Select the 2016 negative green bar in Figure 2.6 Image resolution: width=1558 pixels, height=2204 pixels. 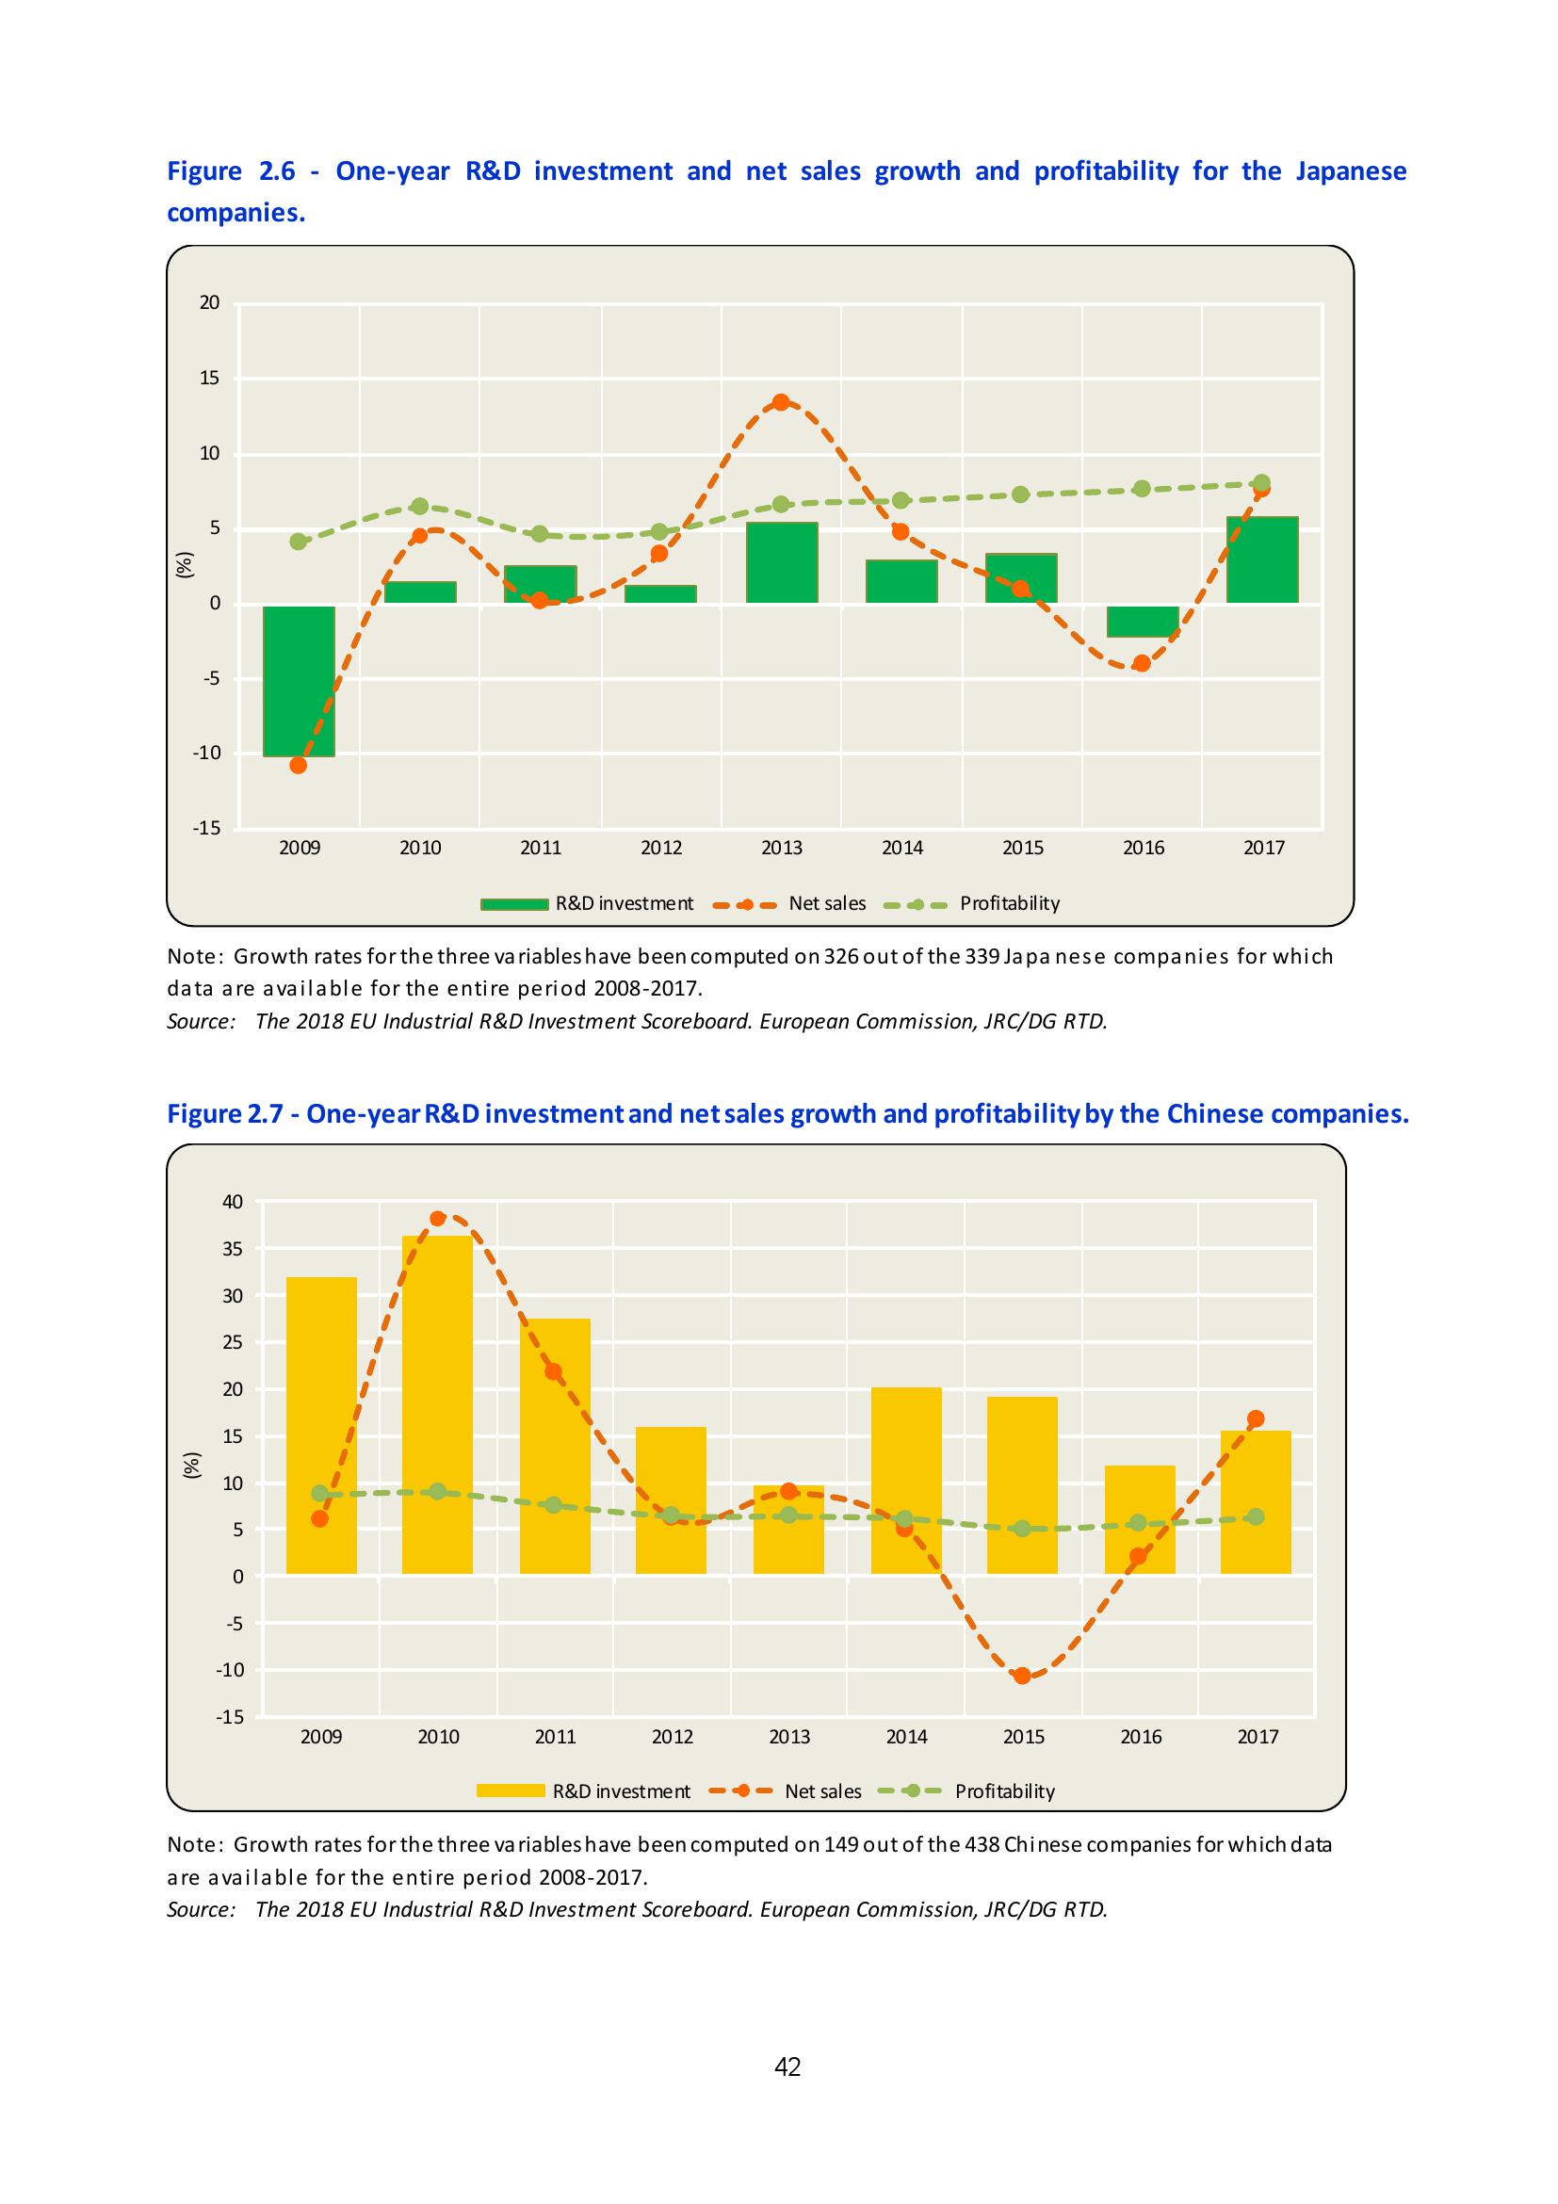(1143, 621)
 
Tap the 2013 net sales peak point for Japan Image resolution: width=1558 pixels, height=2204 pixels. (782, 402)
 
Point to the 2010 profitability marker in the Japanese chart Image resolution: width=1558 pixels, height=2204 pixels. (419, 506)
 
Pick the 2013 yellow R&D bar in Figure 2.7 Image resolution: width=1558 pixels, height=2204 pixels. (788, 1530)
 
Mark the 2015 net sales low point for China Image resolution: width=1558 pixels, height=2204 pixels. (1022, 1676)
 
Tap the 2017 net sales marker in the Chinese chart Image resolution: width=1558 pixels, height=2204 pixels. (1256, 1418)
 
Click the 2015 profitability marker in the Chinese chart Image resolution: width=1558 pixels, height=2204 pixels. (1022, 1529)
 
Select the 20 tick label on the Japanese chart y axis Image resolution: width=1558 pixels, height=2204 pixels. (209, 303)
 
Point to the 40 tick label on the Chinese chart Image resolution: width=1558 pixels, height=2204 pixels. (234, 1202)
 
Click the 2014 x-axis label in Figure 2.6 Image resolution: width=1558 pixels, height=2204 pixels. (902, 848)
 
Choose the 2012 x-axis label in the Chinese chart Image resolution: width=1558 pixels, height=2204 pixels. (672, 1737)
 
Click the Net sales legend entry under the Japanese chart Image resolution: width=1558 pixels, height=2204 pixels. (826, 903)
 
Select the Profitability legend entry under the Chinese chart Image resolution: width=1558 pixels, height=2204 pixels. (1004, 1791)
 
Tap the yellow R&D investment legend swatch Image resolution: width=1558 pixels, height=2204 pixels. (512, 1791)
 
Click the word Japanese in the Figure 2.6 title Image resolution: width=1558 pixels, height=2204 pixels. (1351, 171)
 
